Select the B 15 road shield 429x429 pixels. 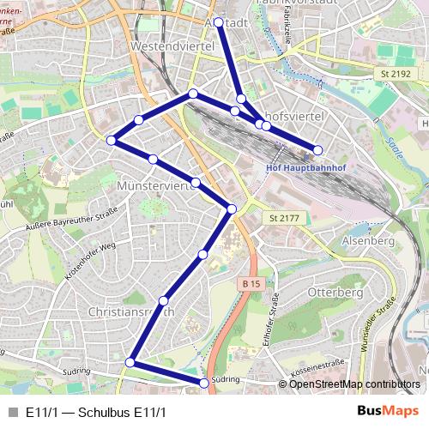[x=250, y=284]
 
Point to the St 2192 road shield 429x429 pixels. [x=394, y=75]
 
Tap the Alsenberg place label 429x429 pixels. [x=367, y=242]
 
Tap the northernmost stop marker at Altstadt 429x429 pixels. [x=220, y=22]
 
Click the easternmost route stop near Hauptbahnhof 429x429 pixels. [x=317, y=150]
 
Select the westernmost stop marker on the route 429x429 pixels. [x=111, y=140]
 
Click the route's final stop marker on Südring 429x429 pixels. [x=203, y=383]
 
